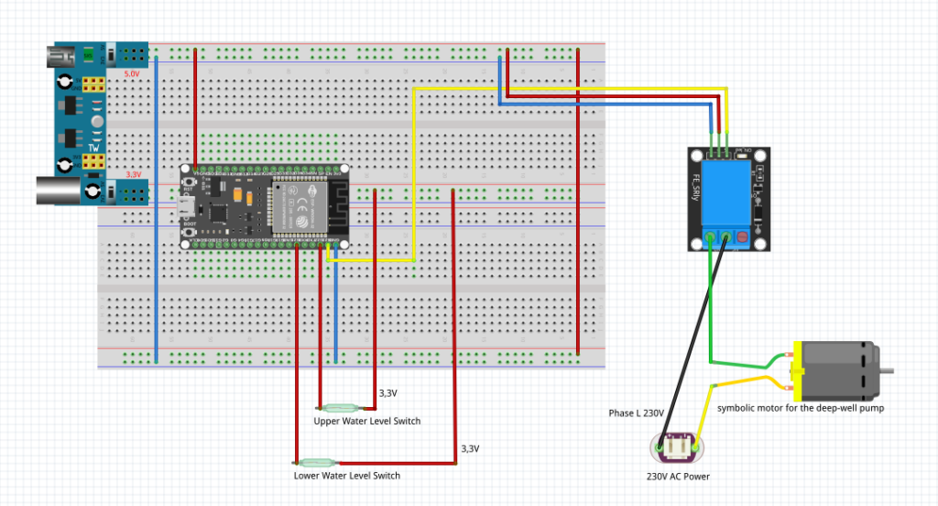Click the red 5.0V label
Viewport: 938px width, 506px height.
(x=131, y=72)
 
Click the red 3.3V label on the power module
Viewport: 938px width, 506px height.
(x=133, y=173)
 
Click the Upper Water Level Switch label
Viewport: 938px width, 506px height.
(x=367, y=422)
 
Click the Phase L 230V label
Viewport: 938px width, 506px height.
(x=636, y=413)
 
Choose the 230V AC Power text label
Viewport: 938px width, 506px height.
(x=678, y=477)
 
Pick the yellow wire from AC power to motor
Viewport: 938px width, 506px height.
(x=733, y=383)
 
